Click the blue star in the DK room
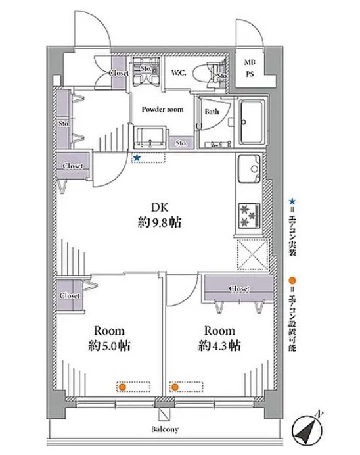tap(137, 158)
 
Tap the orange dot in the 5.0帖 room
tap(123, 387)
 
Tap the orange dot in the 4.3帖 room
tap(175, 387)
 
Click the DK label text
tap(160, 208)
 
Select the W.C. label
tap(179, 72)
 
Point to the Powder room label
tap(163, 109)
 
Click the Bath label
tap(212, 111)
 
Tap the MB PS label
tap(250, 68)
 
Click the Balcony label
tap(165, 429)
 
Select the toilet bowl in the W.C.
tap(200, 72)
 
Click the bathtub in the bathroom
tap(252, 122)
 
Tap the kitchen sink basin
tap(249, 169)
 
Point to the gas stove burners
tap(249, 216)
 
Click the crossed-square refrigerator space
tap(253, 254)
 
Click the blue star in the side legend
tap(292, 201)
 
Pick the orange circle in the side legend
tap(292, 281)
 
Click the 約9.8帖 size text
tap(160, 223)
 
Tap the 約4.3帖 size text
tap(219, 346)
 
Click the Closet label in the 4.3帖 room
tap(239, 289)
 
